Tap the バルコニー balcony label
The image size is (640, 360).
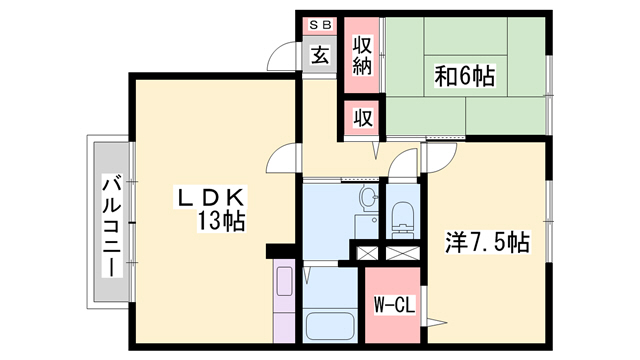coord(113,228)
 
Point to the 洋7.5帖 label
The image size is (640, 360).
coord(486,241)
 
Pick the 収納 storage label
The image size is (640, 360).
coord(362,56)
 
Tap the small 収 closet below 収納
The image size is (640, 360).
coord(362,117)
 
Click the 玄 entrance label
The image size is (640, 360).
coord(319,56)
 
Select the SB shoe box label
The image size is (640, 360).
coord(320,24)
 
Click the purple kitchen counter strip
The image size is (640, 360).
coord(285,300)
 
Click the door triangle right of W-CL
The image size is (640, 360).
coord(436,321)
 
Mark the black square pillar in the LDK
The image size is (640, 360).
coord(278,250)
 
